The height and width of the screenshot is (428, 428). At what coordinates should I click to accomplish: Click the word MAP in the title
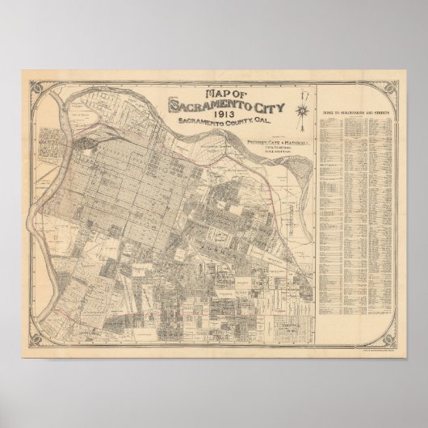[x=187, y=92]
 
